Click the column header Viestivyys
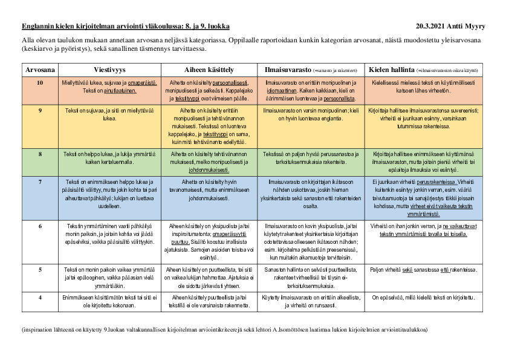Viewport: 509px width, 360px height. tap(109, 70)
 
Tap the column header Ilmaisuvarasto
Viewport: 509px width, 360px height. tap(288, 70)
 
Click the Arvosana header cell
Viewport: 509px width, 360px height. tap(40, 70)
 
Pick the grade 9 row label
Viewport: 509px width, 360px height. tap(40, 111)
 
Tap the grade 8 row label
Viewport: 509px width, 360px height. tap(40, 154)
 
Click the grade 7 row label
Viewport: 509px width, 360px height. tap(40, 182)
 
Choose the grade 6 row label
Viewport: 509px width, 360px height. tap(40, 225)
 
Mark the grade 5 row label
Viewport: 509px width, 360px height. tap(40, 269)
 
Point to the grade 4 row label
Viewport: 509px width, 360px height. tap(40, 297)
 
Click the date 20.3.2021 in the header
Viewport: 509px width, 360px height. tap(433, 27)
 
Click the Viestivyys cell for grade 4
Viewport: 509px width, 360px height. tap(109, 301)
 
